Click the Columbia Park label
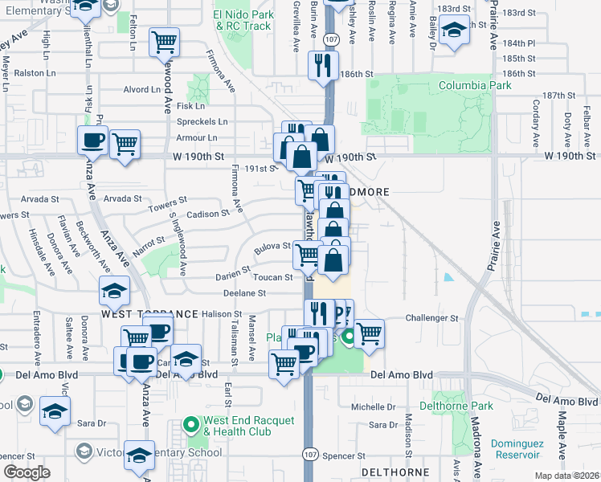tap(476, 85)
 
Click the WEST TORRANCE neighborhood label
tap(150, 313)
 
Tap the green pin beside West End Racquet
tap(191, 423)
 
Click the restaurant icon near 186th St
tap(324, 66)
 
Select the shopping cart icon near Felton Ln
tap(165, 41)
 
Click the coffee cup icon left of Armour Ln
tap(92, 141)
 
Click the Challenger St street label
tap(431, 318)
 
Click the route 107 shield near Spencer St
tap(309, 454)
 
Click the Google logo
tap(27, 472)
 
